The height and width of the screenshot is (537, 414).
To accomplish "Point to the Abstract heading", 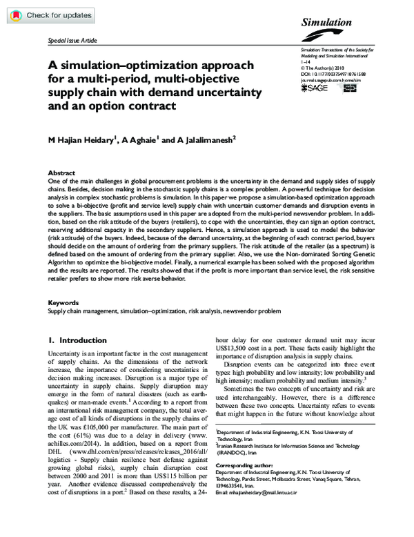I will point(62,172).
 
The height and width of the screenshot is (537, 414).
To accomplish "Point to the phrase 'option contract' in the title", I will point(136,106).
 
